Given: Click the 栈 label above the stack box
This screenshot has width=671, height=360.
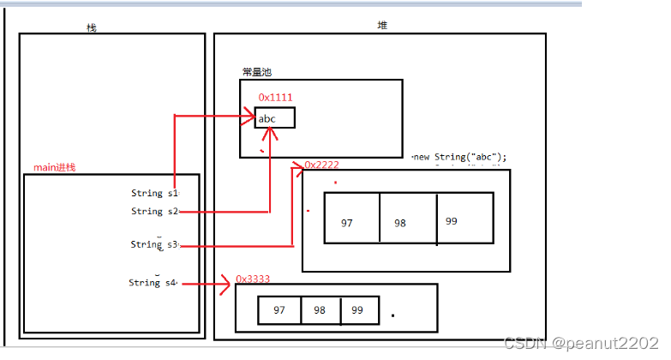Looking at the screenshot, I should pos(92,27).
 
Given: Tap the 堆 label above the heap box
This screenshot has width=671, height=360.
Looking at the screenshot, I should pos(382,25).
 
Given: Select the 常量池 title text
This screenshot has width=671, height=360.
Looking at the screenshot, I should pos(258,73).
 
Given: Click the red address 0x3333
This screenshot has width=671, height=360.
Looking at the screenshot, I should pos(253,279).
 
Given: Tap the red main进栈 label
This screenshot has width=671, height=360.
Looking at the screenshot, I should pos(54,166).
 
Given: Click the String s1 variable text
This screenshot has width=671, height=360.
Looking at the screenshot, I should pos(154,194).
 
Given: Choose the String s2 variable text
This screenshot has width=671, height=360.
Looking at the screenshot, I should pos(154,211).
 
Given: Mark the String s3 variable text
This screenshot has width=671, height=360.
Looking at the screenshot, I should pos(153,244).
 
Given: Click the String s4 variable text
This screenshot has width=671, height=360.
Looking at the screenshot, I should pos(153,283).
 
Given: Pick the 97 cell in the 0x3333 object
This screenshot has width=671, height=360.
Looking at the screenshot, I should pos(279,310).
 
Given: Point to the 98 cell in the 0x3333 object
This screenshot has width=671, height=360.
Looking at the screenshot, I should pos(321,310).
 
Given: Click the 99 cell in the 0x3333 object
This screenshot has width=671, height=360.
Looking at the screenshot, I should pos(359,310).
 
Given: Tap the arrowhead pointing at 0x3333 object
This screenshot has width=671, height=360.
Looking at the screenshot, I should pos(228,284).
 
